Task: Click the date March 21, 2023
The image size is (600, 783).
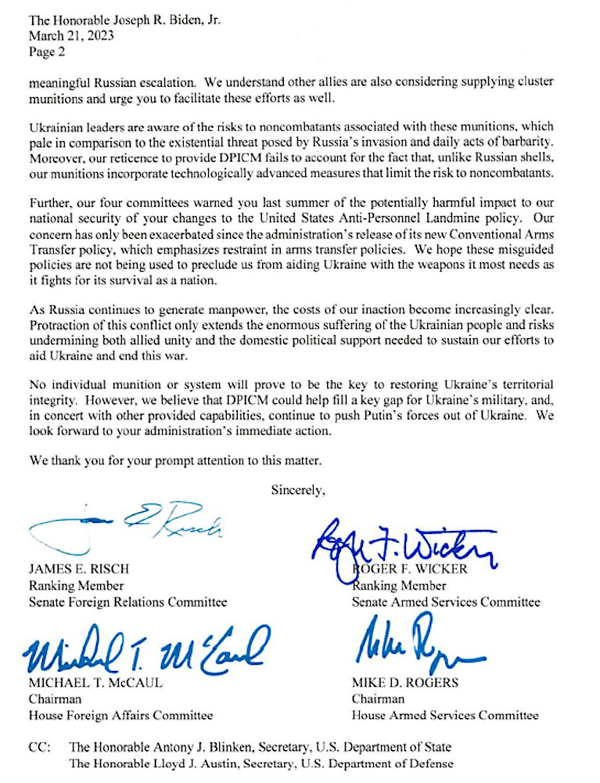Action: tap(68, 36)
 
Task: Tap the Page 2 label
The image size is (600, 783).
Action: tap(47, 52)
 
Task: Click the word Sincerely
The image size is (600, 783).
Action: tap(297, 490)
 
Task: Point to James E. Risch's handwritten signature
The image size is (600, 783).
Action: tap(125, 526)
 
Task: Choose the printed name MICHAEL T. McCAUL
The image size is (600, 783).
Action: tap(95, 682)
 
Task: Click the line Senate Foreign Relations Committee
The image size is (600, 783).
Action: tap(128, 602)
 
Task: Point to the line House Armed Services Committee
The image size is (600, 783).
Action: tap(444, 715)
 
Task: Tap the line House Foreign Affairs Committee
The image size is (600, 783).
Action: tap(120, 715)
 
